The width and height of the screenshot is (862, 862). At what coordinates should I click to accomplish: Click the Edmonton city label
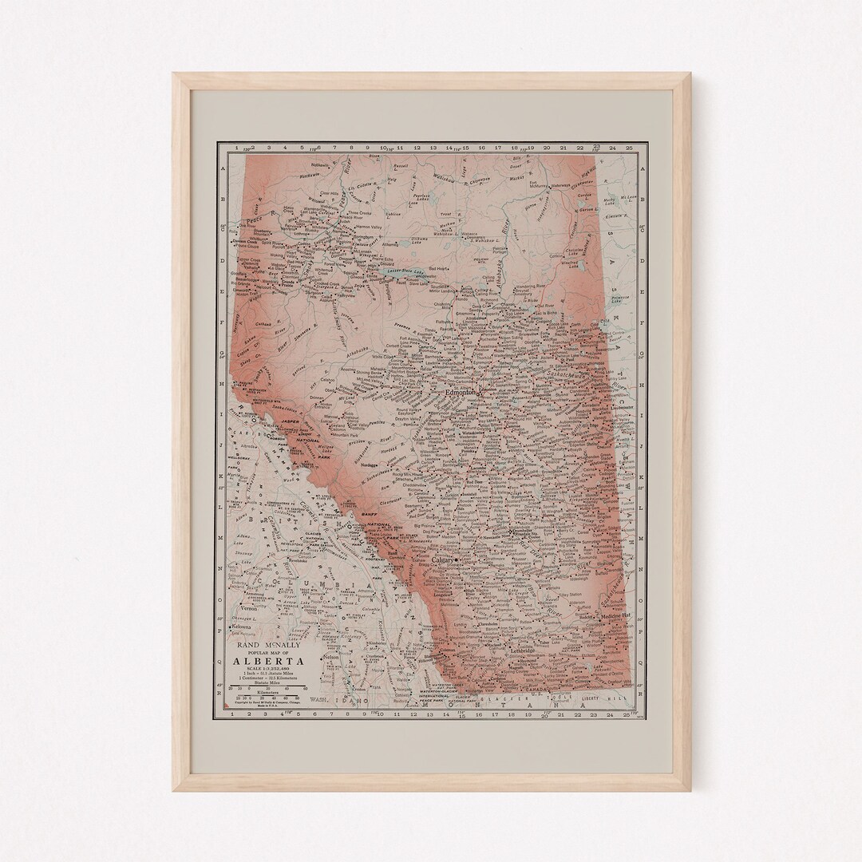tap(461, 393)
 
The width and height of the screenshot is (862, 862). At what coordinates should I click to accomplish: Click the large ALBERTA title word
tap(267, 660)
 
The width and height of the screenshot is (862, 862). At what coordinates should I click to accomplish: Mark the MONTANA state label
tap(495, 706)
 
